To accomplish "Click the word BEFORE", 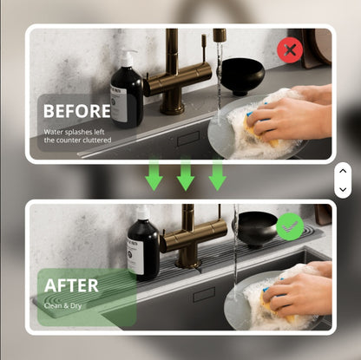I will click(76, 111).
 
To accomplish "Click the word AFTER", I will click(71, 285).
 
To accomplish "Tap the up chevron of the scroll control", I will click(343, 172).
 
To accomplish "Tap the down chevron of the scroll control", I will click(343, 188).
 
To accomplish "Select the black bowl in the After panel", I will click(255, 229).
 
